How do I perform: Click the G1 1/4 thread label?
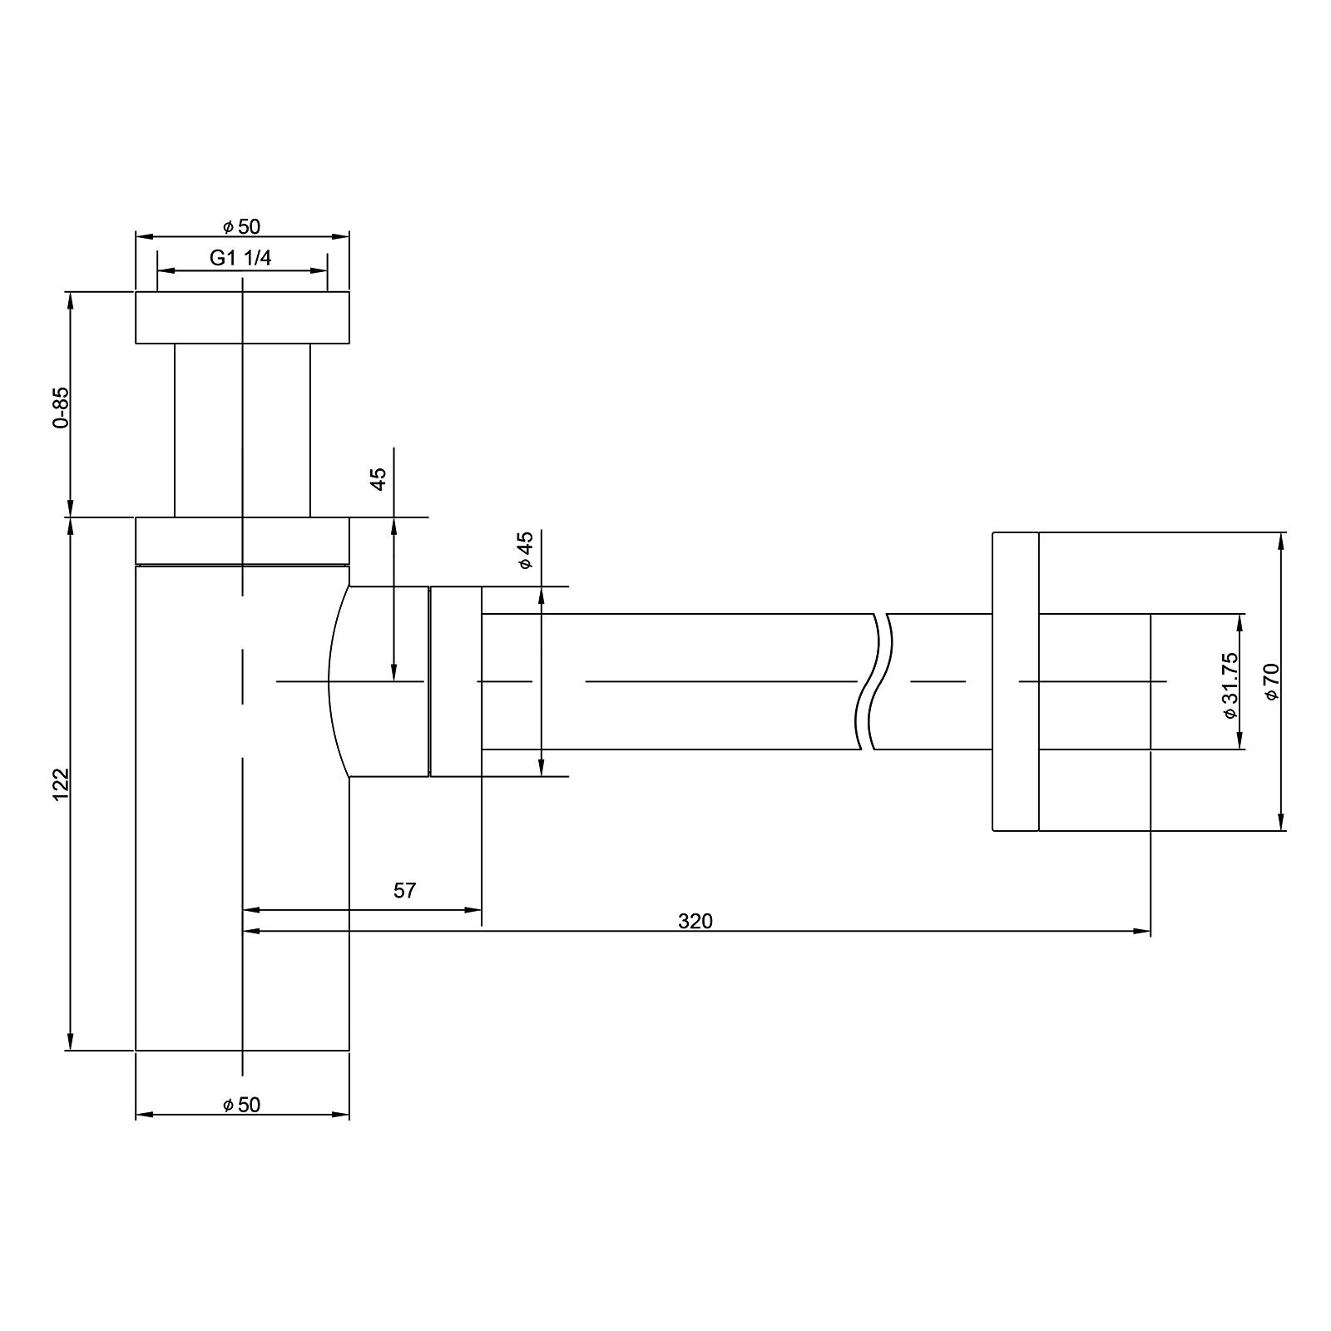pos(240,258)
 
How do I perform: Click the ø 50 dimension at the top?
pos(241,227)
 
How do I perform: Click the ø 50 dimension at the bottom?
pos(241,1105)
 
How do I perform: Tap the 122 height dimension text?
pos(60,784)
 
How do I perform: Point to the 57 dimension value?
pos(404,891)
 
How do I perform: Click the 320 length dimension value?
pos(695,921)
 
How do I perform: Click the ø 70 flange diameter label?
pos(1272,681)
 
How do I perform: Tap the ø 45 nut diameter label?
pos(525,551)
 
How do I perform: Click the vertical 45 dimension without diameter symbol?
pos(379,479)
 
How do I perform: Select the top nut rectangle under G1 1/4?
pos(242,317)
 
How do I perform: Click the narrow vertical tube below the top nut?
pos(242,430)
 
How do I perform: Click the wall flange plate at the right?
pos(1016,681)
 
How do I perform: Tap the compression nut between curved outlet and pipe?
pos(456,681)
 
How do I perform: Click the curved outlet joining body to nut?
pos(379,681)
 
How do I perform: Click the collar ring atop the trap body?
pos(242,541)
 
